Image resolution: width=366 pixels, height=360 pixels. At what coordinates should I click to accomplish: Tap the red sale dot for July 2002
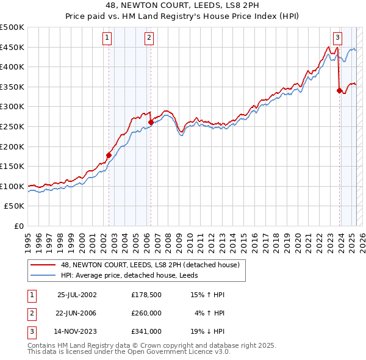pos(109,155)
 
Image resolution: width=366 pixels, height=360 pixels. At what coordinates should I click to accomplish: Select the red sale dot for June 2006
pos(151,122)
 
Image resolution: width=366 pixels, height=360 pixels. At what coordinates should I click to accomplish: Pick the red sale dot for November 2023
pos(339,90)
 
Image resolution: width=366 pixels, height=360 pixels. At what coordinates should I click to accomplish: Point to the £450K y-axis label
pos(12,47)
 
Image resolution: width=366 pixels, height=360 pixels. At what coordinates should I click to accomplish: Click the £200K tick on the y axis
pos(12,146)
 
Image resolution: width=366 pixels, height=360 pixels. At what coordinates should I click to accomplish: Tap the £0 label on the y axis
pos(18,226)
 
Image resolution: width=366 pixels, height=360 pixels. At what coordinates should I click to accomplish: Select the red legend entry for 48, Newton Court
pos(153,265)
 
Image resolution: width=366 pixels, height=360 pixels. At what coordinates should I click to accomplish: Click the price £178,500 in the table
pos(146,295)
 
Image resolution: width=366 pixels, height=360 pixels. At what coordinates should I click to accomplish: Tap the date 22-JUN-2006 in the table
pos(77,313)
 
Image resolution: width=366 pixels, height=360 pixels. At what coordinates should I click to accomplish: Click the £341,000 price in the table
pos(146,331)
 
